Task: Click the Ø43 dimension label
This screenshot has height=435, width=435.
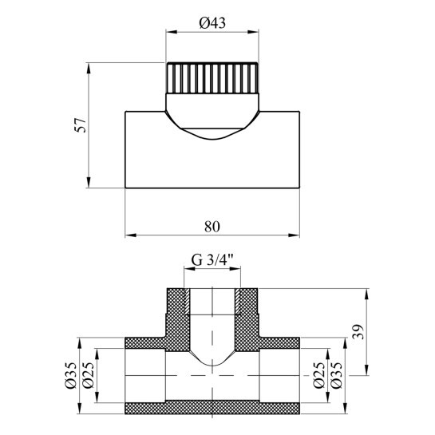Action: tap(212, 23)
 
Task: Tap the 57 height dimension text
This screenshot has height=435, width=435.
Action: tap(81, 125)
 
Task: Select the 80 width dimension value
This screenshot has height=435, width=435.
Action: tap(212, 227)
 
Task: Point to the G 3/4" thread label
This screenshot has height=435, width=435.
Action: tap(212, 261)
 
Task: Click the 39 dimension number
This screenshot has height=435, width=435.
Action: tap(358, 331)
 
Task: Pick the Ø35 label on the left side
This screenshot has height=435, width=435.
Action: tap(70, 375)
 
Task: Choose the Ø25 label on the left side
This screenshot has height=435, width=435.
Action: tap(89, 375)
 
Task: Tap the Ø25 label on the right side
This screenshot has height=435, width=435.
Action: tap(318, 375)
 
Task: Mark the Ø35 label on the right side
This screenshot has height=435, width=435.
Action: tap(337, 375)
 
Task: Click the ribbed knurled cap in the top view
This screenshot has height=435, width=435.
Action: tap(212, 78)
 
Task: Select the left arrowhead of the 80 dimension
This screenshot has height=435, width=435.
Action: tap(130, 235)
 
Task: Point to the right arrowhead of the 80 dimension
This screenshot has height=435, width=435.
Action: tap(294, 235)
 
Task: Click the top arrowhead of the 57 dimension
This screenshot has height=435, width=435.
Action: tap(89, 69)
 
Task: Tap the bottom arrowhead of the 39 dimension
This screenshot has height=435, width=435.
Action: tap(367, 370)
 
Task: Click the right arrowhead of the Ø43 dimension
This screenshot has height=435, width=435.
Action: tap(253, 32)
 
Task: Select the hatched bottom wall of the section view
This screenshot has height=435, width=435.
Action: tap(212, 408)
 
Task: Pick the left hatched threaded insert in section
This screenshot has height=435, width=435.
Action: tap(187, 302)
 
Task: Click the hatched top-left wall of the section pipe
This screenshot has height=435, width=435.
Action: tap(145, 343)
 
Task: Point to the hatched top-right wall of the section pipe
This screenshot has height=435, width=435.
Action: tap(279, 343)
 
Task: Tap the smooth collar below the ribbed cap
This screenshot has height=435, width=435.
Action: tap(212, 111)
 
